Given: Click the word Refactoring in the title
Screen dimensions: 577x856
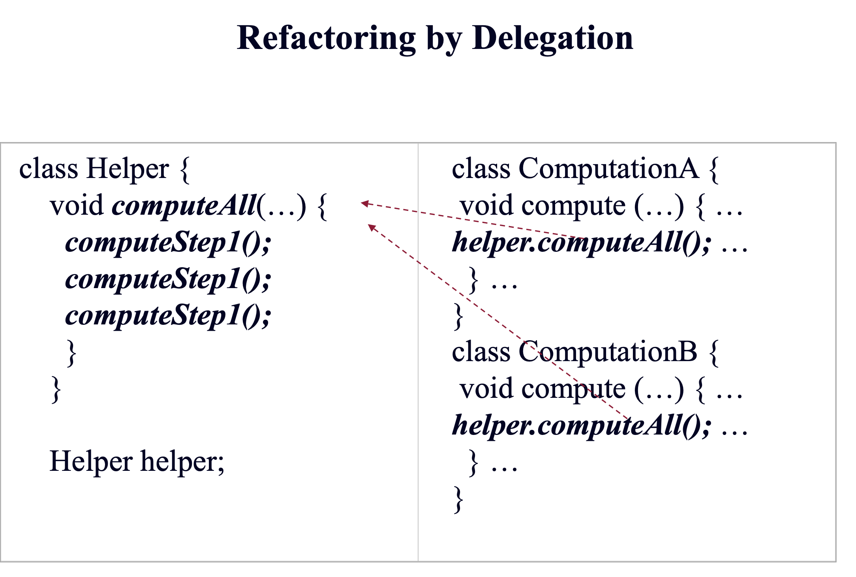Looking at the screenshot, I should tap(326, 38).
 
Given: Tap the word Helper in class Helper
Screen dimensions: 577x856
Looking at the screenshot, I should tap(128, 169).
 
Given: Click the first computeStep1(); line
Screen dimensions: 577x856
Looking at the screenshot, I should tap(168, 242).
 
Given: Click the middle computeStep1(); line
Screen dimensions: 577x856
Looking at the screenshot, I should tap(168, 279).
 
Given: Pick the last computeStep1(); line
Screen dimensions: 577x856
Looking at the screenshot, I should tap(168, 316).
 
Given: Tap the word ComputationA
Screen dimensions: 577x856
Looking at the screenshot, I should tap(608, 169).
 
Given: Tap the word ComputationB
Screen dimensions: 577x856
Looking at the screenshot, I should tap(608, 352).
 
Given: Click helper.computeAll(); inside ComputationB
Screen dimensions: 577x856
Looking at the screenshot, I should tap(580, 425).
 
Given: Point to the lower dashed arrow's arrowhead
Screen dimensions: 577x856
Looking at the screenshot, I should tap(372, 227).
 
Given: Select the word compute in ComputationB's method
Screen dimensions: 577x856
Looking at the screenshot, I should tap(573, 389).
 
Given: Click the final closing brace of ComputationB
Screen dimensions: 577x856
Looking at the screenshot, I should tap(458, 499).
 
